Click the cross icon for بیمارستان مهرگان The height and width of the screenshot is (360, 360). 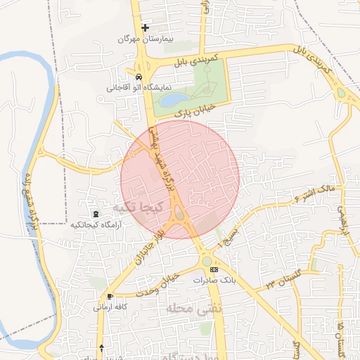pyautogui.click(x=146, y=28)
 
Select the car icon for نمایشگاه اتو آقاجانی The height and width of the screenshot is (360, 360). pyautogui.click(x=139, y=77)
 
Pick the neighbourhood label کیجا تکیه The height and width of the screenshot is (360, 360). pyautogui.click(x=138, y=208)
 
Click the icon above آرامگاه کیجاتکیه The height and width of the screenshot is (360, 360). pyautogui.click(x=96, y=213)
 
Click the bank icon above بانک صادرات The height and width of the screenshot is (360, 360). pyautogui.click(x=214, y=269)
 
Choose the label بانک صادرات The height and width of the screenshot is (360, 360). pyautogui.click(x=213, y=280)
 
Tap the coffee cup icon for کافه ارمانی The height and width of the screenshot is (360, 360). pyautogui.click(x=109, y=296)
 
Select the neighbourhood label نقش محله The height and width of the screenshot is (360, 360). pyautogui.click(x=194, y=307)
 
